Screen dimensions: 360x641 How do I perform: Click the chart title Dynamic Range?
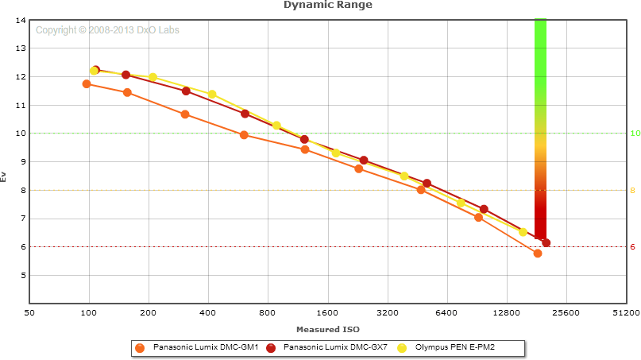coord(328,5)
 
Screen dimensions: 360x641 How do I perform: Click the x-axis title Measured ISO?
coord(328,329)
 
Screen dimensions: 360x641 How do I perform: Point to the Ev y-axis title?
coord(4,176)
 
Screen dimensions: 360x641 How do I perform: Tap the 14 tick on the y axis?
coord(21,20)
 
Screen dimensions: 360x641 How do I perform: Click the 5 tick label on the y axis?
coord(21,276)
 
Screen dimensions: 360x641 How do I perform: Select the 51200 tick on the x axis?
coord(627,314)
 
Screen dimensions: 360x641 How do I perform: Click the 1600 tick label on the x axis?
coord(328,314)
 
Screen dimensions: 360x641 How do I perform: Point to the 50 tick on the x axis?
coord(29,314)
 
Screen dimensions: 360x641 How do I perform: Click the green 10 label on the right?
coord(635,134)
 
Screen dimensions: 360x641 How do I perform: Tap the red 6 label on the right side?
coord(633,247)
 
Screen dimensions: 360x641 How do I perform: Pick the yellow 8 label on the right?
coord(633,191)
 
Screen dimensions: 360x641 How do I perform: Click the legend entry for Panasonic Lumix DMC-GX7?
coord(334,347)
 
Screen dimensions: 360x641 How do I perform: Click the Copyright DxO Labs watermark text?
coord(107,30)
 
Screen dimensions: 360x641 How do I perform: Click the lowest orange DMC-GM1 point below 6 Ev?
coord(538,254)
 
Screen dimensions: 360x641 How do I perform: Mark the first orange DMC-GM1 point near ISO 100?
coord(87,83)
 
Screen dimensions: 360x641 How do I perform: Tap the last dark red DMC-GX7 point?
coord(546,243)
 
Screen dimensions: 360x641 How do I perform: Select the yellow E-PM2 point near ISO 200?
coord(153,77)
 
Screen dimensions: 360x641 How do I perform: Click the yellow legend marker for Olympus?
coord(402,347)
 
